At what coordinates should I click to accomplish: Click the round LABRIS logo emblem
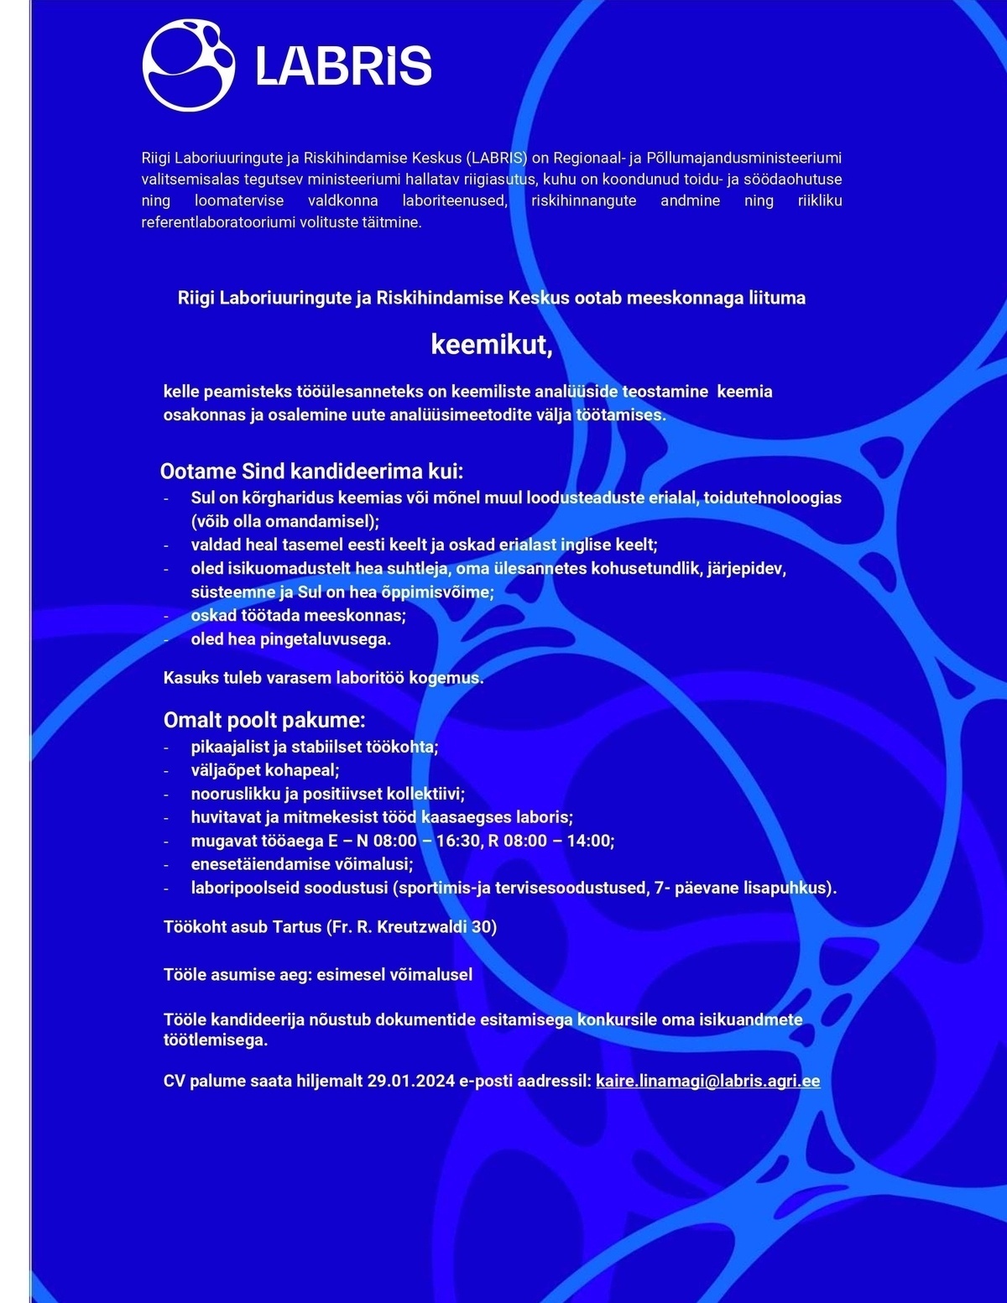pos(189,65)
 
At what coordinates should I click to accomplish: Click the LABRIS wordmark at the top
pos(343,66)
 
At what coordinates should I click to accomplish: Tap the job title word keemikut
pos(491,345)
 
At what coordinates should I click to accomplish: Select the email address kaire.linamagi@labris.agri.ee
pos(707,1081)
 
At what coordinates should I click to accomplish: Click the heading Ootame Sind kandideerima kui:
pos(311,471)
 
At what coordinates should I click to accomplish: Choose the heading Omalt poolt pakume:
pos(264,720)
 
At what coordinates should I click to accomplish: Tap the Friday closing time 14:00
pos(589,841)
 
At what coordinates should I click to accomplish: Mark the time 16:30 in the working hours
pos(457,841)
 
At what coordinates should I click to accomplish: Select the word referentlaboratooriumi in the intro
pos(218,223)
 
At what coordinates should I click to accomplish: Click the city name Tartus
pos(297,927)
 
